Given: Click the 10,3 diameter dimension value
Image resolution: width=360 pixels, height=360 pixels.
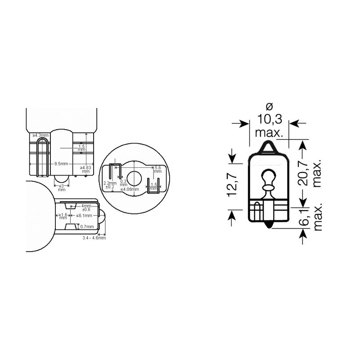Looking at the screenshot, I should coord(269,119).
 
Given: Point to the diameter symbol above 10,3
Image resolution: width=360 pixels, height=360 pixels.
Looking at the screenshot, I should coord(269,107).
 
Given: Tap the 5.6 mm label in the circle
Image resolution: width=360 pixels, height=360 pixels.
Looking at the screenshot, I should coord(157,170).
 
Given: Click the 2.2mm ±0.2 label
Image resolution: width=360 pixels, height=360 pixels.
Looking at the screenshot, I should coord(110,185).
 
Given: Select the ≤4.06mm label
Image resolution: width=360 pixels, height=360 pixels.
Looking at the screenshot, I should coord(130,189).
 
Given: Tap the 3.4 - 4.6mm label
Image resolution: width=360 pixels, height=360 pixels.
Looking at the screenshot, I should coord(94,238).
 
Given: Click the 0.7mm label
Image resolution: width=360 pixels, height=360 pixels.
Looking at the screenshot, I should coord(87,226).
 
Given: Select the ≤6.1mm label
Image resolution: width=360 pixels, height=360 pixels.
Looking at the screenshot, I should coord(84,216).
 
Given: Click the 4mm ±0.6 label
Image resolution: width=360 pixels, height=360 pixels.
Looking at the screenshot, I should coord(85,207).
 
